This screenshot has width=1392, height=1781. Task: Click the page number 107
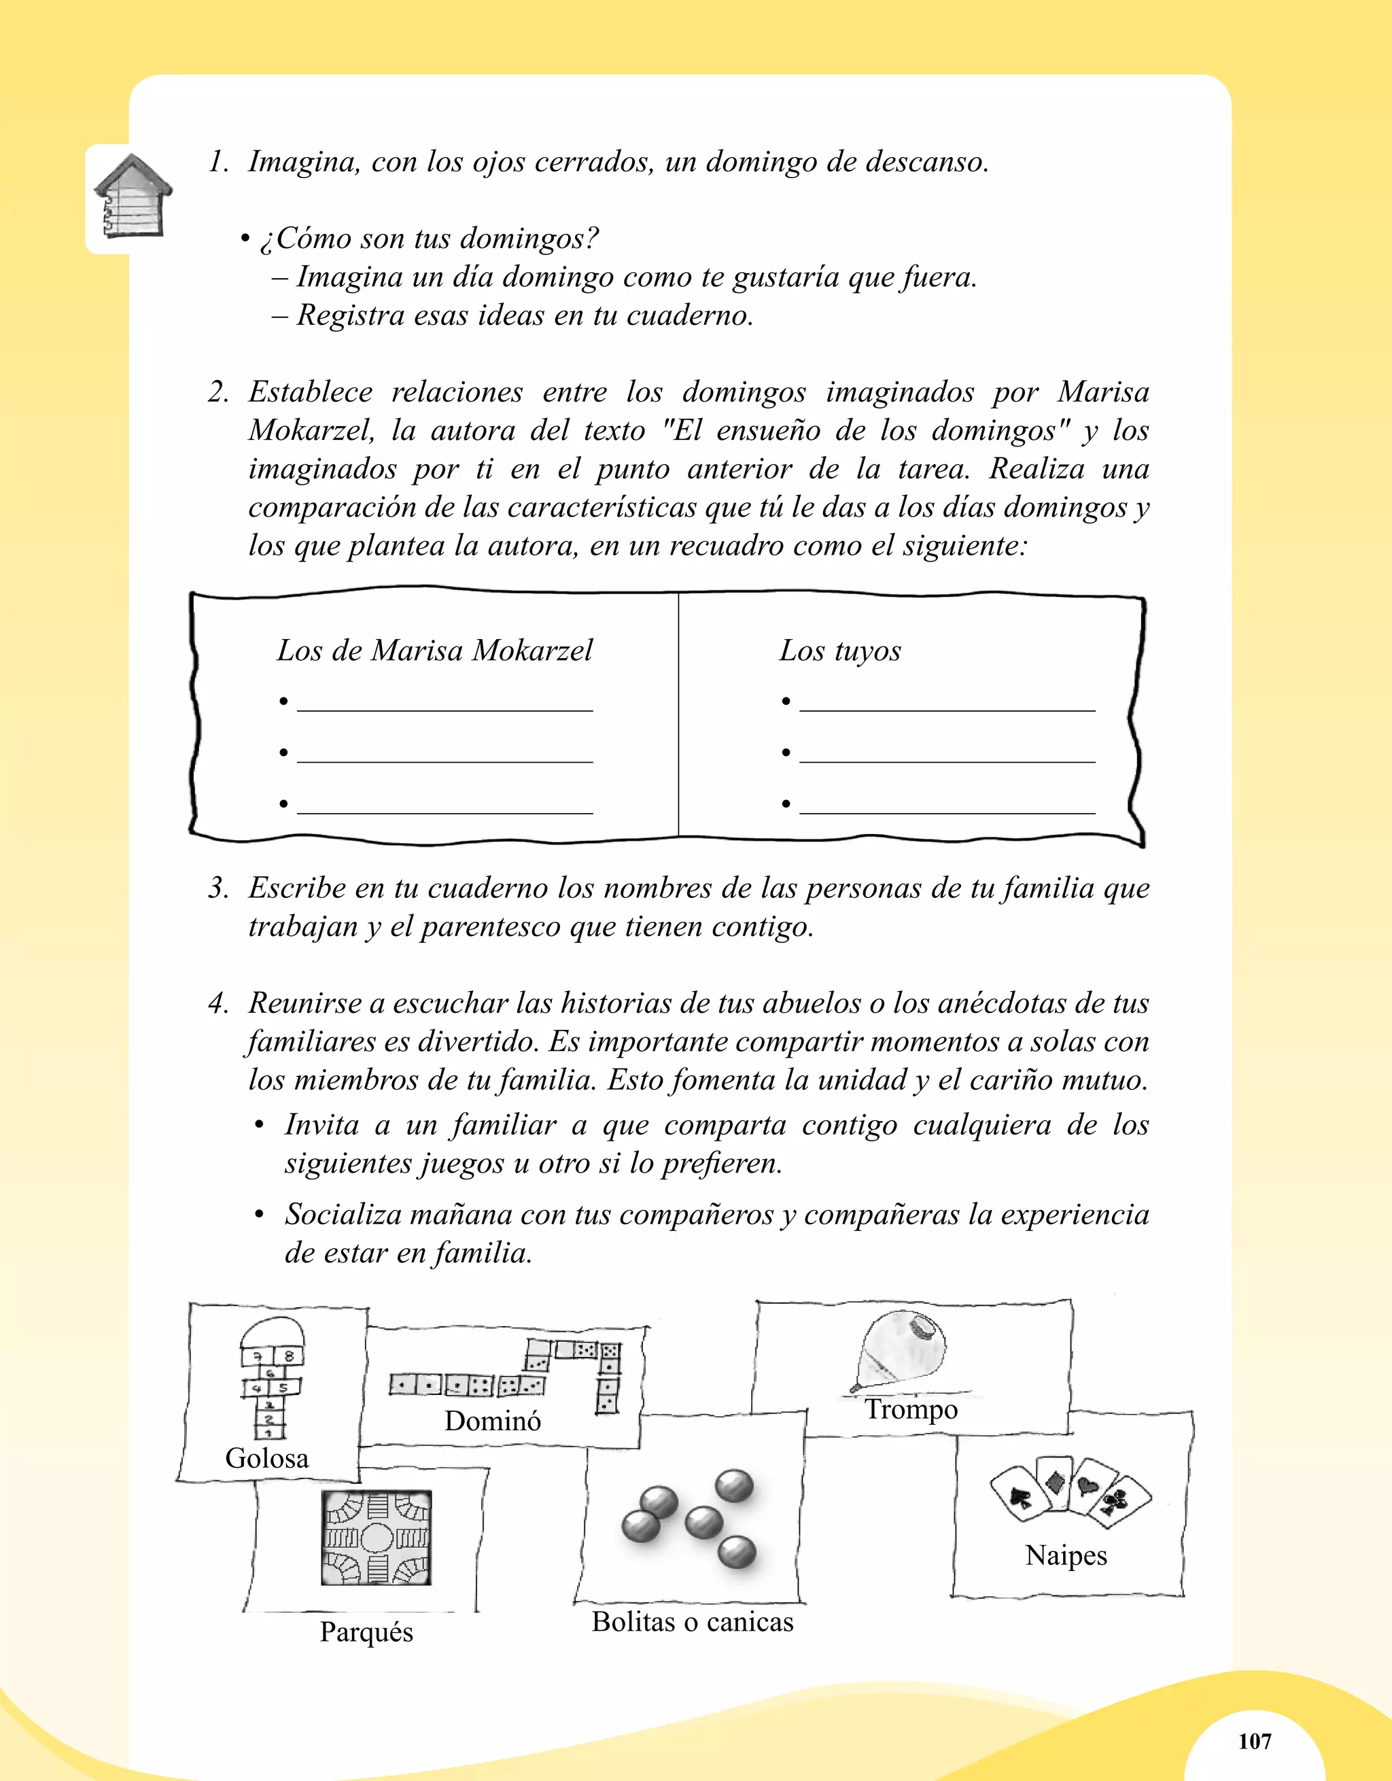pos(1254,1741)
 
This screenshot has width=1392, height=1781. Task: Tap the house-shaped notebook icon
pos(132,196)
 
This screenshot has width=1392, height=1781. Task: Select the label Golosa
pos(266,1457)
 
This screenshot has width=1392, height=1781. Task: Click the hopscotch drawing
pos(271,1377)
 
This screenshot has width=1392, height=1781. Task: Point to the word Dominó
pos(493,1421)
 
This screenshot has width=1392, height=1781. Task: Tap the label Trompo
pos(911,1408)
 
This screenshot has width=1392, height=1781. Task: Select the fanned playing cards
pos(1069,1491)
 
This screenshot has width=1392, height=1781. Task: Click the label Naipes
pos(1066,1555)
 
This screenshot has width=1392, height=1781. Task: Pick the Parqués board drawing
pos(376,1537)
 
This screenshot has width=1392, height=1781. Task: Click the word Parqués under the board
pos(366,1631)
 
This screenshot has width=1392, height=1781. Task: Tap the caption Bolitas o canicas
pos(693,1621)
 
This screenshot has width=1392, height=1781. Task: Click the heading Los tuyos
pos(840,651)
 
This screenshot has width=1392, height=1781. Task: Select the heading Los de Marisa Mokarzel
pos(434,651)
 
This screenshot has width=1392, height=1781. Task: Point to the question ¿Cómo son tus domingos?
pos(429,238)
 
